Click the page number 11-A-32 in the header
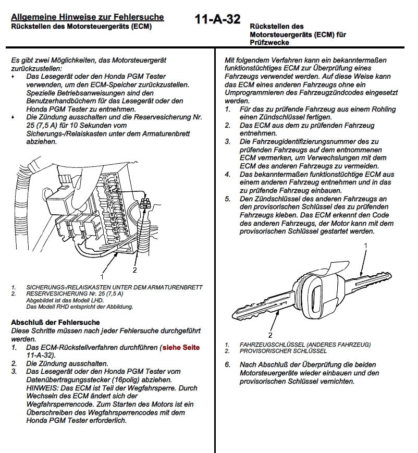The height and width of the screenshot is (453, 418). (217, 20)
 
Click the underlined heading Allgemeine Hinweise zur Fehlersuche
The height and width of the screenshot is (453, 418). (88, 17)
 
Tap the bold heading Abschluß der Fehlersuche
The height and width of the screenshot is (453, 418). (55, 323)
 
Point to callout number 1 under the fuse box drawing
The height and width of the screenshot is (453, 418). (102, 272)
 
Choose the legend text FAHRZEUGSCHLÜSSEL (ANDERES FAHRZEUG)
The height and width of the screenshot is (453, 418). (305, 345)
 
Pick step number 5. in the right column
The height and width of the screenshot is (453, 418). (227, 199)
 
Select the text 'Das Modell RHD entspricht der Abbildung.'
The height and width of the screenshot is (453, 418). (72, 307)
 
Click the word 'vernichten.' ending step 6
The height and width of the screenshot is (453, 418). (337, 381)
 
